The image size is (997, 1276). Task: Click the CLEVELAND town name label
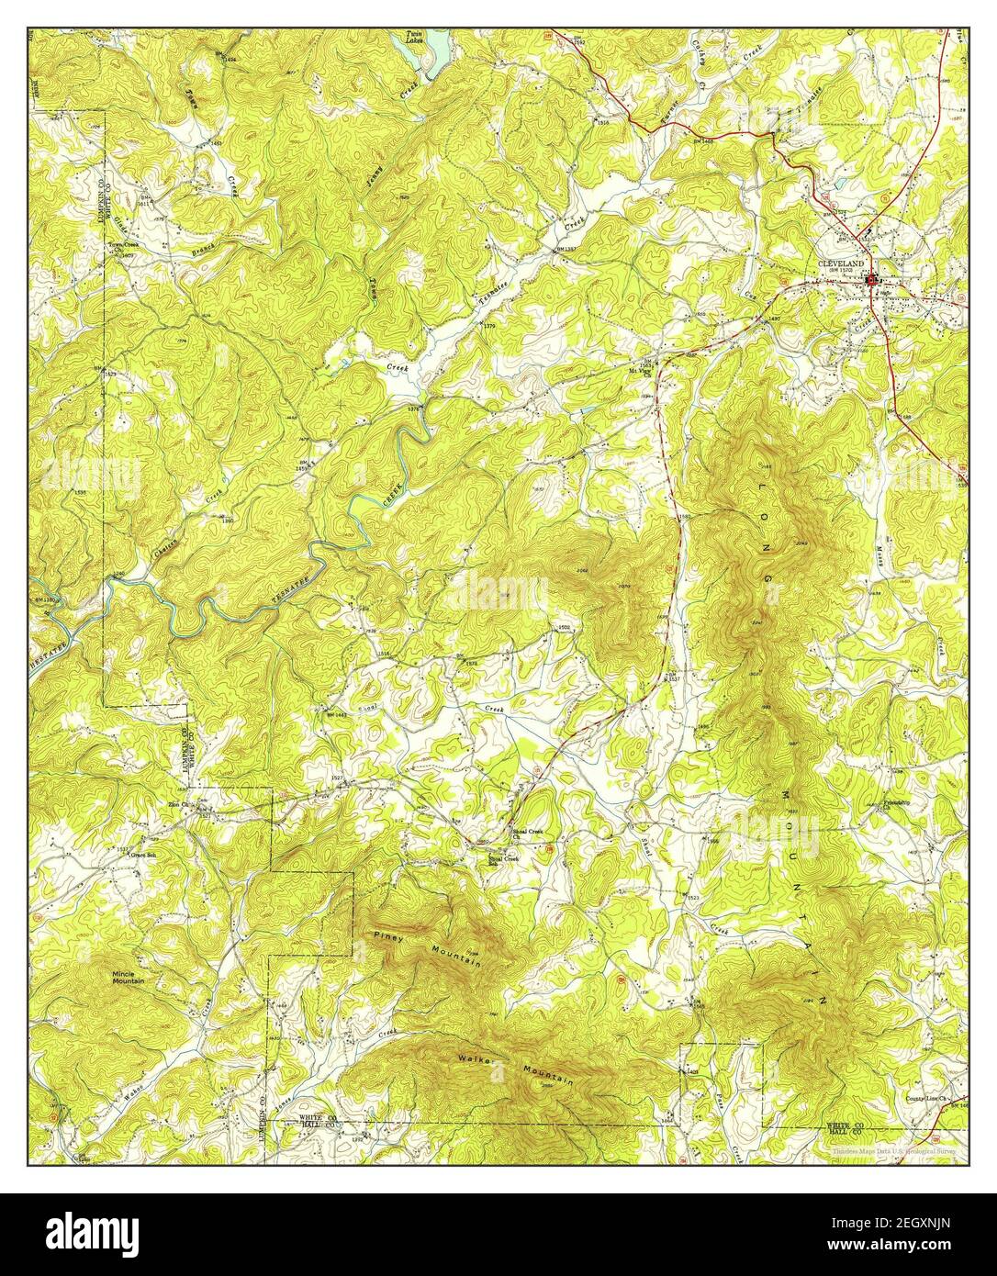pyautogui.click(x=841, y=263)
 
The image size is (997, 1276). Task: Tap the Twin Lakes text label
pyautogui.click(x=418, y=40)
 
